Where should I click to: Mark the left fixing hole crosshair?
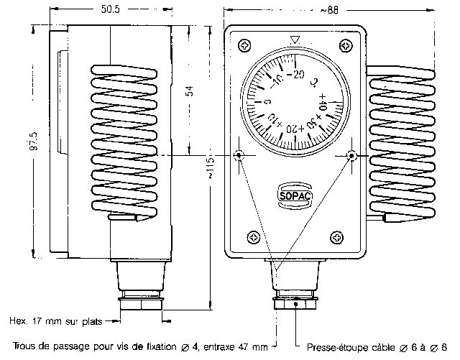239,155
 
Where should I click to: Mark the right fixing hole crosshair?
351,155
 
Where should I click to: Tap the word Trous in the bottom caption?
25,347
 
